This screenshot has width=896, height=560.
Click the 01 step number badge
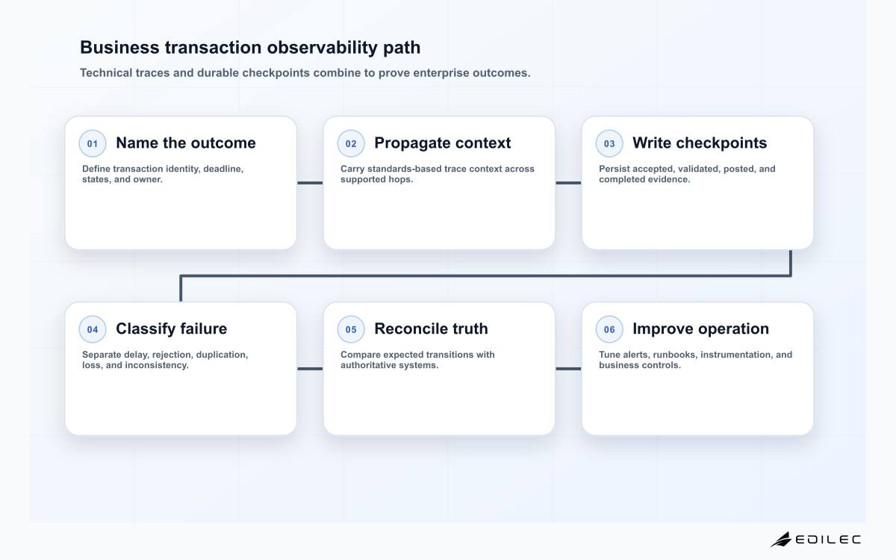(93, 143)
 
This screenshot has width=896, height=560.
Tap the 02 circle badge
(351, 143)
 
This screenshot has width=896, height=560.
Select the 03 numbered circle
(609, 143)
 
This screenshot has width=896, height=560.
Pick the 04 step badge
(93, 329)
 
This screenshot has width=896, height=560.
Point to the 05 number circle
(351, 329)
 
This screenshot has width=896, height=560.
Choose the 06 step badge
(609, 329)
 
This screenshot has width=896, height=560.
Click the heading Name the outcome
(186, 143)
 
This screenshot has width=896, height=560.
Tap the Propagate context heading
(442, 143)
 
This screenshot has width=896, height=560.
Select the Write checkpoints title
(700, 143)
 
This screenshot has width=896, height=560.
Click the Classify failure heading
(171, 329)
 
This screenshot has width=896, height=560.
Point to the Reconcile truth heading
(431, 329)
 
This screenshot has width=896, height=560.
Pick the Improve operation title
(700, 329)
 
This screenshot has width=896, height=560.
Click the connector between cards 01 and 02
(310, 183)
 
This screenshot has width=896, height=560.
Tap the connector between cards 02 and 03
(568, 183)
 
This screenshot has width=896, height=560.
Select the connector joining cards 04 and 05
(310, 369)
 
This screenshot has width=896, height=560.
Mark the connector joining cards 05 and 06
(568, 369)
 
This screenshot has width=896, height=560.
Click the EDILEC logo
(815, 539)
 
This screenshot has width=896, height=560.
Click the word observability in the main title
(322, 48)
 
